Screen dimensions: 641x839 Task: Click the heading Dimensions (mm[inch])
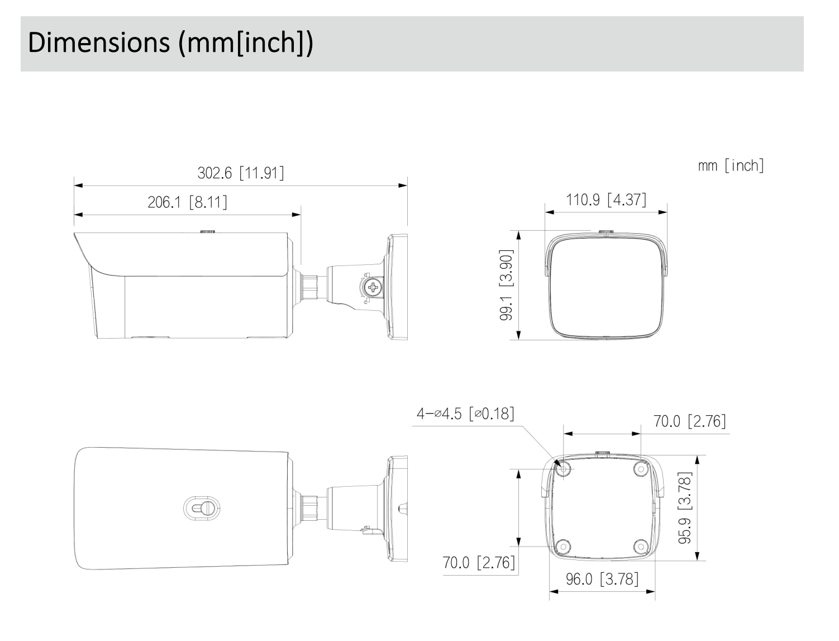pos(170,43)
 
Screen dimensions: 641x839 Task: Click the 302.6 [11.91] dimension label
pos(241,173)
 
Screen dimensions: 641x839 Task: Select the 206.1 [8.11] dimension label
pos(187,202)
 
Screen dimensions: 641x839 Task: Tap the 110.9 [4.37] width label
pos(606,199)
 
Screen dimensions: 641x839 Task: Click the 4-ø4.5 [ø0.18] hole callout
pos(465,414)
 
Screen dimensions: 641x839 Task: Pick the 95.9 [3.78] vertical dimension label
pos(685,507)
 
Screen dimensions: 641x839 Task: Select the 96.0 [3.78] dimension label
pos(602,578)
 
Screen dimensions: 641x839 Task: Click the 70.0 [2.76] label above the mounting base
pos(690,421)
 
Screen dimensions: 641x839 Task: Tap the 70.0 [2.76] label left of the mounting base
pos(479,562)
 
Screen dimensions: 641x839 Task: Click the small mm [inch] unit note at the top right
pos(731,165)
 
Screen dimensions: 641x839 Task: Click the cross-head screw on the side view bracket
pos(371,289)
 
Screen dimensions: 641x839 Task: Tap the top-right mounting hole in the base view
pos(641,468)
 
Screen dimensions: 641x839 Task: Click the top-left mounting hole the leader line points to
pos(564,468)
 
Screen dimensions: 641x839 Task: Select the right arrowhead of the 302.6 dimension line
pos(403,185)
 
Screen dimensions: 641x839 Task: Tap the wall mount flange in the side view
pos(397,287)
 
